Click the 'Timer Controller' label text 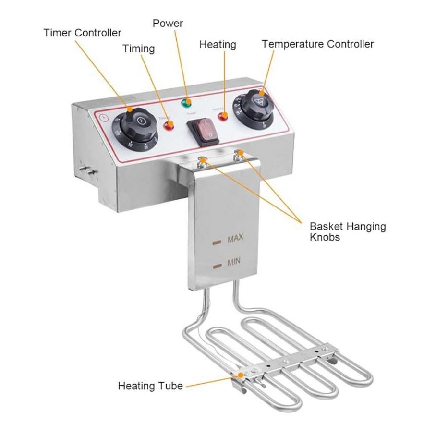click(82, 33)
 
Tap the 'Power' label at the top click(168, 23)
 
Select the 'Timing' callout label click(138, 48)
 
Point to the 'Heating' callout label click(218, 45)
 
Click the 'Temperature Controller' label click(317, 44)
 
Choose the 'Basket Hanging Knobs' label click(348, 231)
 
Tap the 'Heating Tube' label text click(150, 386)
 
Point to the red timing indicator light click(169, 126)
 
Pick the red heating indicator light click(223, 116)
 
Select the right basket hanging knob click(238, 154)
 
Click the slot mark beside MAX click(218, 242)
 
